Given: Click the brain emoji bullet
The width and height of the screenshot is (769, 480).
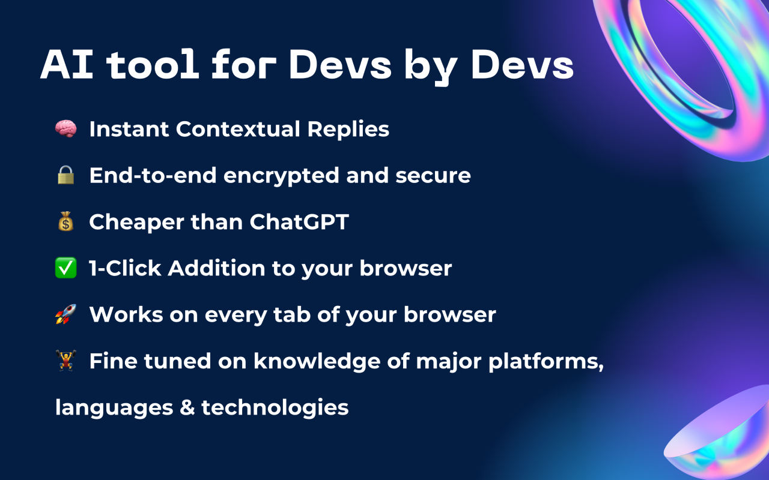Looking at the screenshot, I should point(65,129).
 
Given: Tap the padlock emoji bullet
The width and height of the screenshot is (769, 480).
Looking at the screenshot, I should point(65,175).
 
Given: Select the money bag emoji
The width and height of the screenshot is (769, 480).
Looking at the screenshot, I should point(65,222).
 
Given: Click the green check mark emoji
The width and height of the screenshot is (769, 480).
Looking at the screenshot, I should point(65,268).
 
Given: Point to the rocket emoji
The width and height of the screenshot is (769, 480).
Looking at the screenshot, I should point(65,315).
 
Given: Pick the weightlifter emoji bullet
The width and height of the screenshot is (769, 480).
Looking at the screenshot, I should point(65,361).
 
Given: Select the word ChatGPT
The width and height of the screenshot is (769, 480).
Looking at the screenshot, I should point(299,222).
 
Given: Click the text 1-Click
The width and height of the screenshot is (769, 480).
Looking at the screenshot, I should point(125,268).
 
